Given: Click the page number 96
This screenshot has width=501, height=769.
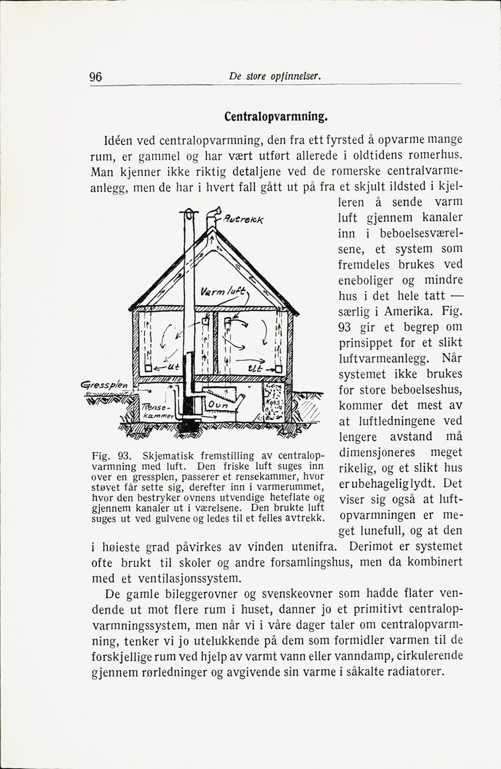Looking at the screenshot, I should coord(95,77).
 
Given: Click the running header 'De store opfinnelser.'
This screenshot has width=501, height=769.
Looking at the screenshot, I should coord(275,77).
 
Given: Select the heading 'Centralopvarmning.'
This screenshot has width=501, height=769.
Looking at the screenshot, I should coord(276,117).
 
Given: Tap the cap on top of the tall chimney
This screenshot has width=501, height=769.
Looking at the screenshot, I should coord(189,213).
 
